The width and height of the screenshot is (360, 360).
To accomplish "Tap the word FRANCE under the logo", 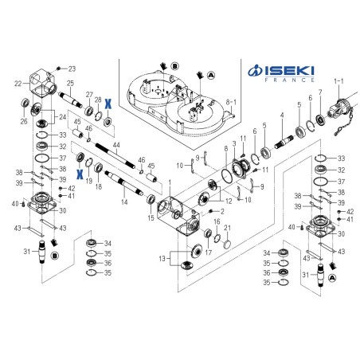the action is (x=289, y=80).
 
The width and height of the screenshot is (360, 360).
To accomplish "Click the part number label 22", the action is (x=18, y=84).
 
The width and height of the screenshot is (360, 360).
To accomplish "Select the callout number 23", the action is (x=72, y=69).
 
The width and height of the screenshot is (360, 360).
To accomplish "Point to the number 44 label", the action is (x=116, y=145).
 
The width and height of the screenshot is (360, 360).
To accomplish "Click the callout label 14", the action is (x=124, y=202).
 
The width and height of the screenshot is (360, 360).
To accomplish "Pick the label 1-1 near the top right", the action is (x=338, y=81).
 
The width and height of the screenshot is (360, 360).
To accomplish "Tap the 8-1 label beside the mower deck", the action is (x=231, y=102).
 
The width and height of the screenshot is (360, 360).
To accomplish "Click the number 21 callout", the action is (x=228, y=228).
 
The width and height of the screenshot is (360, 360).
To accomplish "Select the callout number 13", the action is (x=162, y=258).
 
